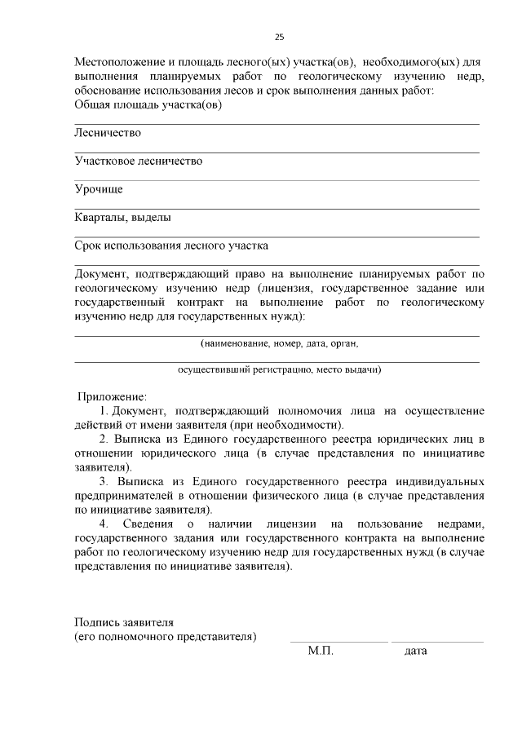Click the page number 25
[x=279, y=38]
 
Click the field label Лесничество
[x=108, y=133]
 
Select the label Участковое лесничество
[x=138, y=161]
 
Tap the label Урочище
[x=99, y=190]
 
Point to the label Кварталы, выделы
[x=122, y=218]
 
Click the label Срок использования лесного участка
[x=171, y=245]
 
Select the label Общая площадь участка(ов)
[x=148, y=104]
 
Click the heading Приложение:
[x=112, y=397]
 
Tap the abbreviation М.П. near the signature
[x=321, y=652]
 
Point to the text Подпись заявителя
[x=124, y=622]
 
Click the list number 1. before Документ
[x=104, y=411]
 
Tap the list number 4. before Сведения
[x=104, y=522]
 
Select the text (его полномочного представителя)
[x=166, y=636]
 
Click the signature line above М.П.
[x=338, y=642]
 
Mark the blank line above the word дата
[x=436, y=642]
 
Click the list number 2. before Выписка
[x=104, y=440]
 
